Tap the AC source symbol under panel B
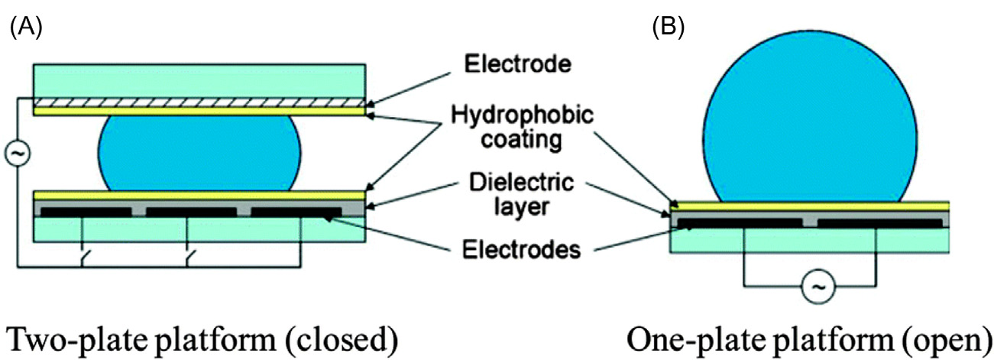point(818,287)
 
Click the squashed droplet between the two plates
point(200,151)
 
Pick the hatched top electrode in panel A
point(199,102)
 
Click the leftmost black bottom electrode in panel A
point(86,212)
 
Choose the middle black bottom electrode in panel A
point(191,212)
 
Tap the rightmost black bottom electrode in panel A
point(296,212)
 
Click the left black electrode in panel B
point(740,223)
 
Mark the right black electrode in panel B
point(879,223)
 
